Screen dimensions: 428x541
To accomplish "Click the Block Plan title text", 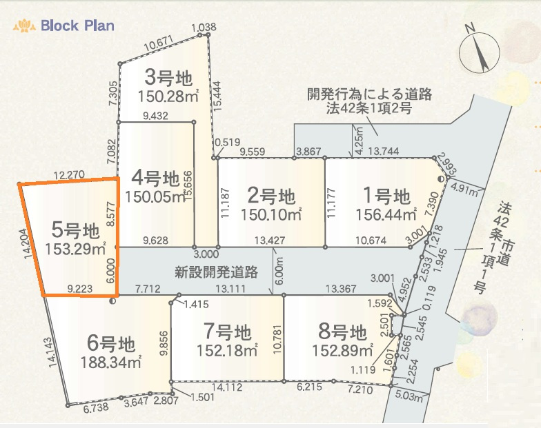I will (77, 26).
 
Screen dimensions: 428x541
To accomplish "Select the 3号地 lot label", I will (168, 75).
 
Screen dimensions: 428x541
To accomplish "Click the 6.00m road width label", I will (279, 269).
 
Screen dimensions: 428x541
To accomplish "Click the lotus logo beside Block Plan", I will (24, 27).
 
